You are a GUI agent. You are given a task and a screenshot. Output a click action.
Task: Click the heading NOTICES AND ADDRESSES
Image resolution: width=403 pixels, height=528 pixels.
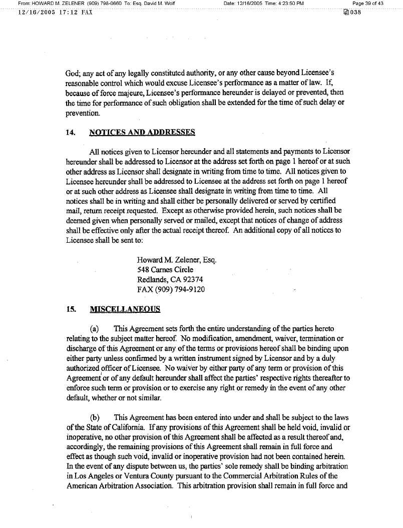point(142,133)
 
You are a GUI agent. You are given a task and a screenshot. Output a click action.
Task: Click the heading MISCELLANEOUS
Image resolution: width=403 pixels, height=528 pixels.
point(125,309)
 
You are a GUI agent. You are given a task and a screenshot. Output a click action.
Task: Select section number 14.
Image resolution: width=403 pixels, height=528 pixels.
point(70,133)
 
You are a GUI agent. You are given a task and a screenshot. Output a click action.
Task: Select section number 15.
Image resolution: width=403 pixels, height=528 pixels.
point(70,309)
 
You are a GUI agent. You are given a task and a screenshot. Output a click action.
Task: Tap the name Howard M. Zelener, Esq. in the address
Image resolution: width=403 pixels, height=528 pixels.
point(176,260)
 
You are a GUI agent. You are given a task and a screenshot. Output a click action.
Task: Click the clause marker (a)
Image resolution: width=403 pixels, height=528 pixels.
point(94,329)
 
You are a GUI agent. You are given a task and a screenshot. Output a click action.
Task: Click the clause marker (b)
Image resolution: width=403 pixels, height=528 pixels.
point(94,417)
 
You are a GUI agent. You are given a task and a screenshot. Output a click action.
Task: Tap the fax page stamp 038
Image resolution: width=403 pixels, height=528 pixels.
point(351,12)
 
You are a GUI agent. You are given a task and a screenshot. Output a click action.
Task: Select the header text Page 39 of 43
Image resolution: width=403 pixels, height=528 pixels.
point(368,4)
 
